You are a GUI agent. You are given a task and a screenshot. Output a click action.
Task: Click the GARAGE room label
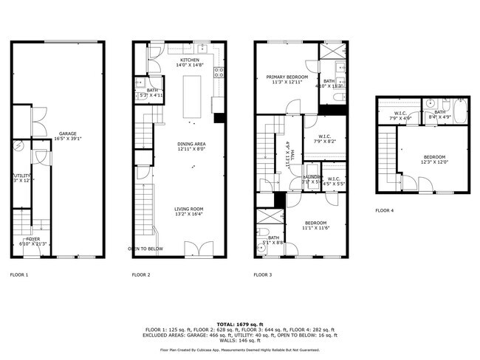(67, 134)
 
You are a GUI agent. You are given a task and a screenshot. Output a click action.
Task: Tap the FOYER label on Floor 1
(33, 238)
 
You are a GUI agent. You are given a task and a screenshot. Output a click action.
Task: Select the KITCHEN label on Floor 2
(187, 60)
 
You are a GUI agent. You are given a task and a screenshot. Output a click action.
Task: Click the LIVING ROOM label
(188, 209)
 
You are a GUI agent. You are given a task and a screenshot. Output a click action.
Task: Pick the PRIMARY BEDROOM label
(287, 77)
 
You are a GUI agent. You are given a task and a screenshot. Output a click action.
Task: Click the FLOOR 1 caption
(18, 274)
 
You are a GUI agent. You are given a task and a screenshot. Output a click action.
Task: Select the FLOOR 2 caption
(140, 274)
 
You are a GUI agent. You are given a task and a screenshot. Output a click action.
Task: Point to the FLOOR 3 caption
(262, 274)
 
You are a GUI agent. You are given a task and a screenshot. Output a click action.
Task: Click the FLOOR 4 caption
(384, 210)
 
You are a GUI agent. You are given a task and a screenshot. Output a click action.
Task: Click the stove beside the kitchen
(219, 72)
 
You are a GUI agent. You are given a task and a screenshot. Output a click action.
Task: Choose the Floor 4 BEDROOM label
(434, 156)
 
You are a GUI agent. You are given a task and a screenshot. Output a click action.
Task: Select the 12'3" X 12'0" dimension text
(434, 162)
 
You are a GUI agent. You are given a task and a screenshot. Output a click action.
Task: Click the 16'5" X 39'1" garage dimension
(67, 139)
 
